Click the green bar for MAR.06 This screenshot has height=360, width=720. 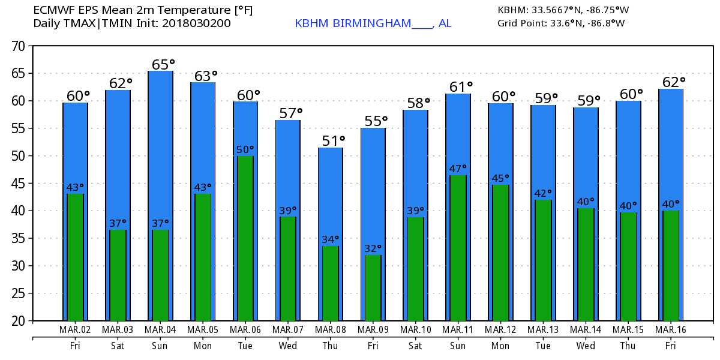tap(245, 238)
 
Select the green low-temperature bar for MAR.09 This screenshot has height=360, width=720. tap(373, 287)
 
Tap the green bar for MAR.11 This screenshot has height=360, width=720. tap(458, 247)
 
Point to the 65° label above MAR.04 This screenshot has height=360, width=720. tap(160, 64)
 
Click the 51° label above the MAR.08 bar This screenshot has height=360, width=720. tap(330, 141)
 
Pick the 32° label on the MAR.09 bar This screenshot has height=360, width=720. tap(373, 248)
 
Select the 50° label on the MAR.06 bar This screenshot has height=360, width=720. tap(245, 149)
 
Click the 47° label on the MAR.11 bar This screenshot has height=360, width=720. tap(458, 169)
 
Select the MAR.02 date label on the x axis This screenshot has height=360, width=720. tap(75, 329)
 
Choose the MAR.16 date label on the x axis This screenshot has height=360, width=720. tap(671, 329)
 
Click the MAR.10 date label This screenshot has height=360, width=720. tap(415, 329)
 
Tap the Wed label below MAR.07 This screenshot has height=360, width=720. tap(288, 346)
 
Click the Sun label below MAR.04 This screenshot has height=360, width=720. tap(160, 346)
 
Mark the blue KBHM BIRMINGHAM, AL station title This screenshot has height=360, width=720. tap(373, 23)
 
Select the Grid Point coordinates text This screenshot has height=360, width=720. tap(561, 23)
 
